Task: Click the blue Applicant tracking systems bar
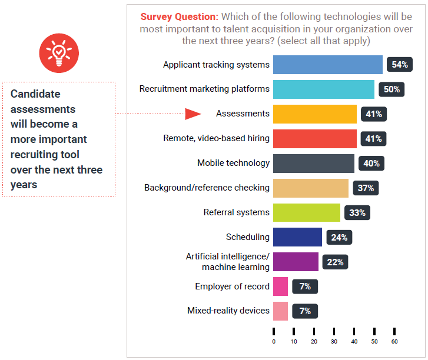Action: (328, 65)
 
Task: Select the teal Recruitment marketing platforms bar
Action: (324, 89)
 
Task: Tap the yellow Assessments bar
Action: (315, 114)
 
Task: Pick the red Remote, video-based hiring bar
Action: (315, 139)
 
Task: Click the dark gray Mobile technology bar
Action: (314, 163)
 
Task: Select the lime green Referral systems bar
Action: (307, 212)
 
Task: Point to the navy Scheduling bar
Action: (297, 237)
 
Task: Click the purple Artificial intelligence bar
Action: (296, 262)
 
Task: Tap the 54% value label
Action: (400, 65)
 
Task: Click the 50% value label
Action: (391, 89)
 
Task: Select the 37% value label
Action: (366, 188)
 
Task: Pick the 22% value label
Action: (335, 262)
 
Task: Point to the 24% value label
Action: (339, 238)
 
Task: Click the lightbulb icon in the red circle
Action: (58, 53)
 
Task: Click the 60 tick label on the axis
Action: (394, 341)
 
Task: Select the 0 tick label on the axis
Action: (274, 341)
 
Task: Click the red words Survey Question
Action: (179, 16)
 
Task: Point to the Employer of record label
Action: (232, 286)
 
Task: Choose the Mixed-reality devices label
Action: (228, 311)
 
